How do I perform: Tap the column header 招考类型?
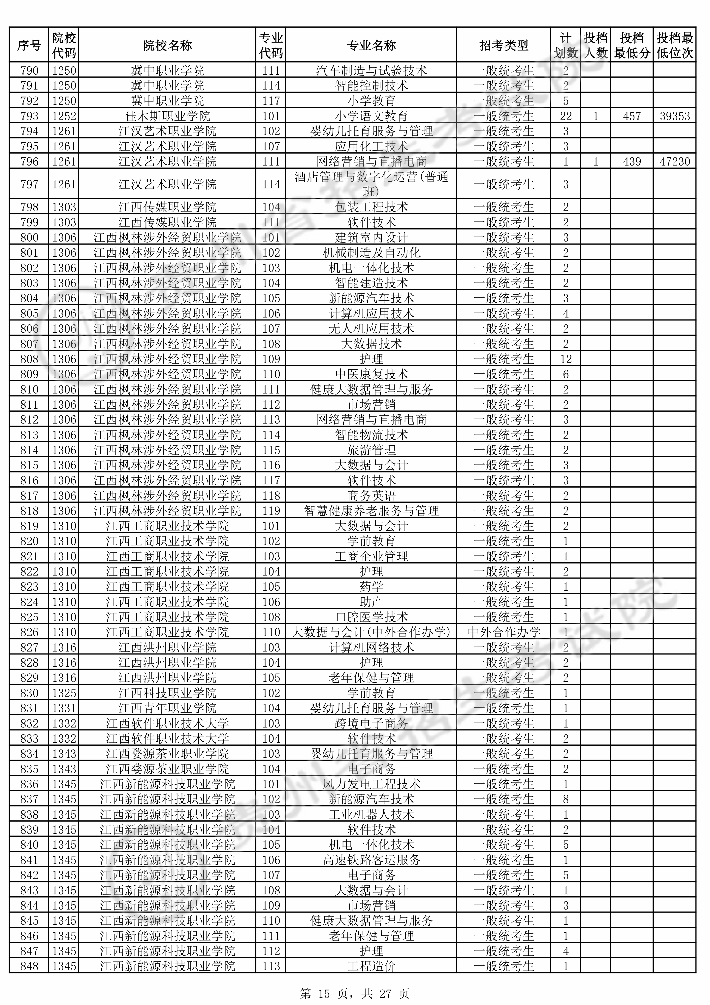[503, 45]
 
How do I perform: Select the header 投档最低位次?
[675, 45]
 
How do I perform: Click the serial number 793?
[29, 116]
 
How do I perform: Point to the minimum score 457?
[632, 116]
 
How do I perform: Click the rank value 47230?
[675, 162]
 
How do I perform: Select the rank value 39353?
[675, 116]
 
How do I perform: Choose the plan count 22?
[566, 116]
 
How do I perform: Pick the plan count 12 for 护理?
[566, 359]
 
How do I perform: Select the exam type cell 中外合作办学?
[503, 632]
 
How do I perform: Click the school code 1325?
[64, 693]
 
